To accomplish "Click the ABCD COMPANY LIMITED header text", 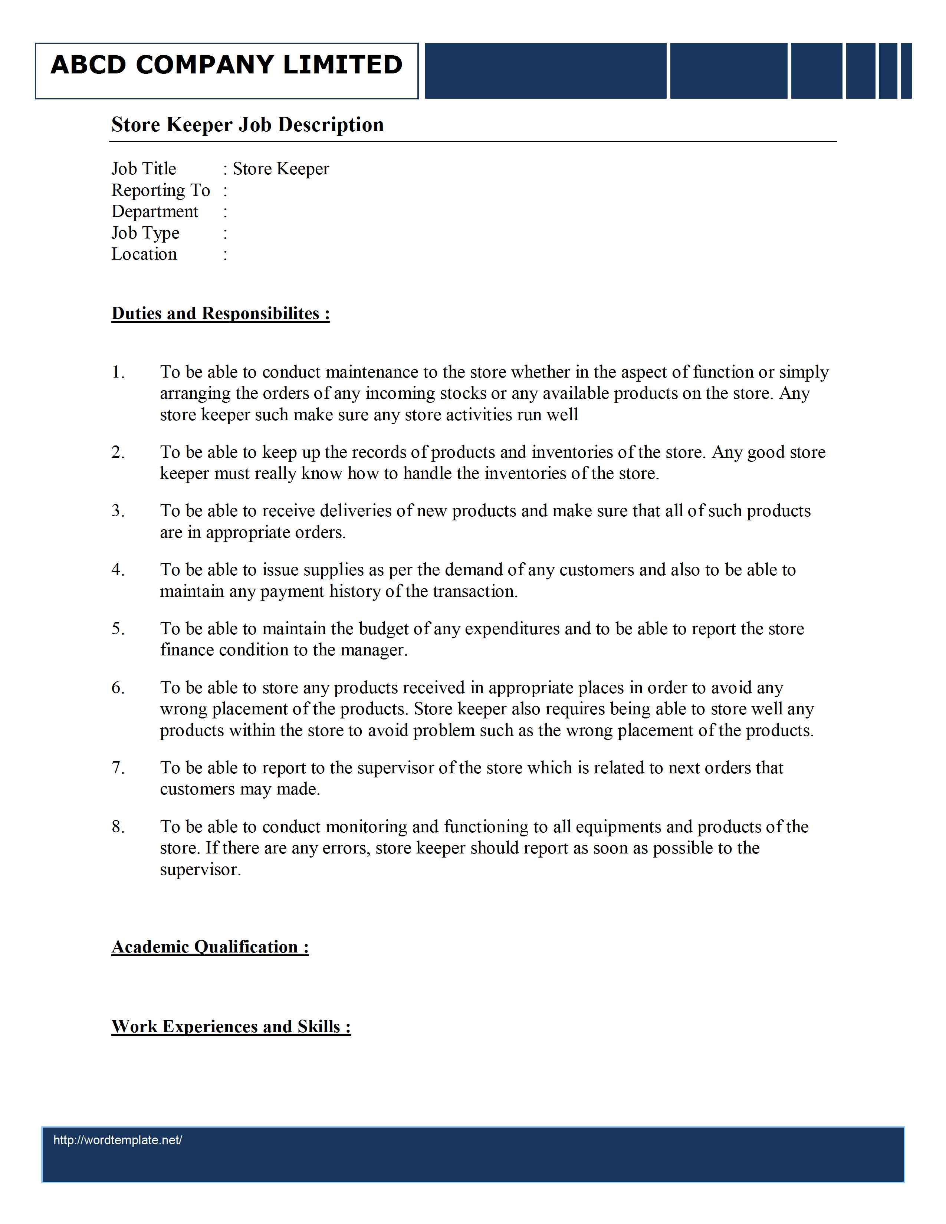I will coord(226,65).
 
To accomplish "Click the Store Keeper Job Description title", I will coord(247,124).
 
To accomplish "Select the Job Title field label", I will coord(144,169).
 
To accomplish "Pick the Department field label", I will coord(155,211).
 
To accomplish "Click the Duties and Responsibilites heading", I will coord(220,313).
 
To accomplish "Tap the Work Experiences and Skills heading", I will coord(231,1026).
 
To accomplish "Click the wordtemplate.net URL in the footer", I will coord(118,1140).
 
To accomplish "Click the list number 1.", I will coord(118,372).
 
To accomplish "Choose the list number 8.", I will coord(118,827).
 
